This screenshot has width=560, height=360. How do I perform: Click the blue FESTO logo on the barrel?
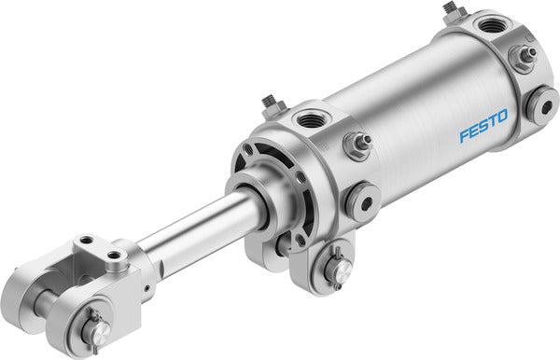(x=483, y=127)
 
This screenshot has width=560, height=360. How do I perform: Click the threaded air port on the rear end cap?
(x=489, y=23)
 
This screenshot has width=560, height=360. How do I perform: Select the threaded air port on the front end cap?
(x=307, y=118)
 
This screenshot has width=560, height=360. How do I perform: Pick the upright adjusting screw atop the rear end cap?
(x=454, y=11)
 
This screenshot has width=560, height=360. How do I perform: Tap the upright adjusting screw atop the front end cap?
(x=271, y=101)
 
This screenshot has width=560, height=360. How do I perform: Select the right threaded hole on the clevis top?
(x=117, y=254)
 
